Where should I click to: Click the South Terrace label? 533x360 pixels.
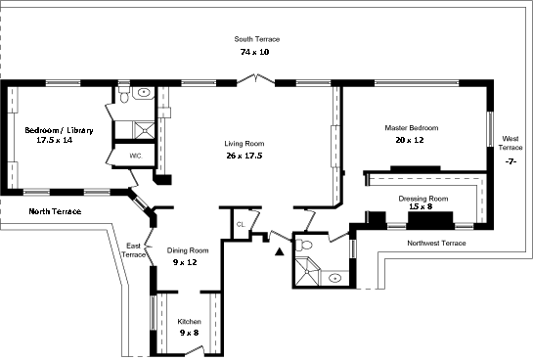pyautogui.click(x=257, y=39)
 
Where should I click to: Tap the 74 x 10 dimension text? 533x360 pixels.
pyautogui.click(x=255, y=52)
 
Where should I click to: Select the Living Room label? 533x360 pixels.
pyautogui.click(x=244, y=144)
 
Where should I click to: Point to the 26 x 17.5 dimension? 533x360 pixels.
pyautogui.click(x=244, y=156)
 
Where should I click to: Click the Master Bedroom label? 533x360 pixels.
pyautogui.click(x=412, y=128)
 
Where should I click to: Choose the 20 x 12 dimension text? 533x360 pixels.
pyautogui.click(x=410, y=140)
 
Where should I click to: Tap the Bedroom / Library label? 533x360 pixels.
pyautogui.click(x=59, y=130)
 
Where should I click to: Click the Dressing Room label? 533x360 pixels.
pyautogui.click(x=423, y=199)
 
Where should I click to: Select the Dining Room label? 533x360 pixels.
pyautogui.click(x=188, y=250)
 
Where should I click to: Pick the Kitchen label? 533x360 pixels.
pyautogui.click(x=190, y=321)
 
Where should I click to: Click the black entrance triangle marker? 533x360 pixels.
pyautogui.click(x=280, y=251)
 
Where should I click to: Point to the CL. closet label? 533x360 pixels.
pyautogui.click(x=241, y=224)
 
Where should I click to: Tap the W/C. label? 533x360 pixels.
pyautogui.click(x=136, y=157)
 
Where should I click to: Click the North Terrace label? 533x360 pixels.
pyautogui.click(x=55, y=211)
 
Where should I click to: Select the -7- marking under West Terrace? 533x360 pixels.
pyautogui.click(x=511, y=161)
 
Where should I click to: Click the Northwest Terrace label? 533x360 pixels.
pyautogui.click(x=436, y=243)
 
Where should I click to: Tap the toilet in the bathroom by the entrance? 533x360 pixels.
pyautogui.click(x=304, y=246)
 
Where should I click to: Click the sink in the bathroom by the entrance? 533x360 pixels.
pyautogui.click(x=335, y=279)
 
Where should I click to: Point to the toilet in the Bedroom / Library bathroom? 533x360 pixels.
pyautogui.click(x=124, y=96)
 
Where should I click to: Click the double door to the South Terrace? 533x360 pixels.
pyautogui.click(x=255, y=79)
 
